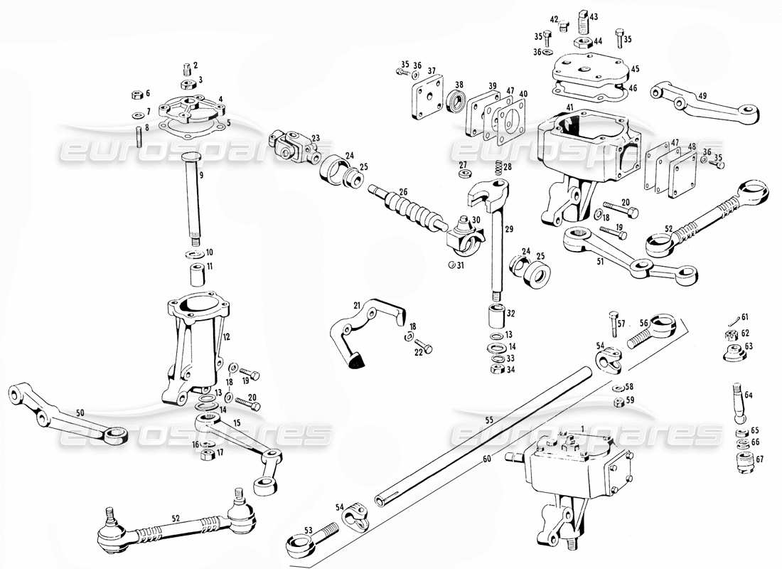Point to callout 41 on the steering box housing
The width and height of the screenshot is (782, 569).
click(x=569, y=107)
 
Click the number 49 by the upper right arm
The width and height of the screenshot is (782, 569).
click(x=702, y=96)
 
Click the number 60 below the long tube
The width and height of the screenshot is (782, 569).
click(x=486, y=459)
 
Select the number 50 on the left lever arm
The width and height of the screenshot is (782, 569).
click(x=80, y=413)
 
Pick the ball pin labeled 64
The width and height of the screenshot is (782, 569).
click(x=737, y=404)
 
